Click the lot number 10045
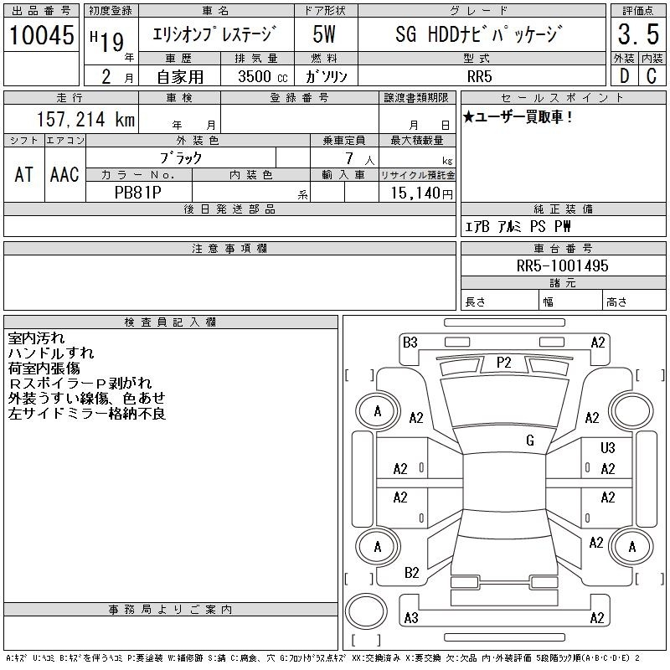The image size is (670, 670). (x=41, y=35)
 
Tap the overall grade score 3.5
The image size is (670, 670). (x=638, y=34)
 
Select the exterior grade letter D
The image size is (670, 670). (x=624, y=76)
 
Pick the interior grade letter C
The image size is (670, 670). (x=652, y=76)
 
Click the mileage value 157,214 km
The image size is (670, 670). (x=85, y=119)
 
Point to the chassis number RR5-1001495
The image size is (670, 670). (x=562, y=265)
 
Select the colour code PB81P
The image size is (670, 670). (x=138, y=193)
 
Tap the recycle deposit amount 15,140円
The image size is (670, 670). (x=421, y=193)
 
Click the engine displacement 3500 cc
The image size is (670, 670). (x=263, y=76)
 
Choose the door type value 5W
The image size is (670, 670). (x=324, y=34)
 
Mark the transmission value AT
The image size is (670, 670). (x=24, y=174)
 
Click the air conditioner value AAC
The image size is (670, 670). (x=64, y=174)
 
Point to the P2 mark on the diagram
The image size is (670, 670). (x=504, y=363)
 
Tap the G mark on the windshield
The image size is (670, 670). (x=530, y=441)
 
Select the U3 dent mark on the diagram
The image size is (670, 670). (x=608, y=447)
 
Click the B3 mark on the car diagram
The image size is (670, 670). (x=410, y=343)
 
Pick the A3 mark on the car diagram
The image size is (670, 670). (x=411, y=618)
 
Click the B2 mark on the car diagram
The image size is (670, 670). (x=411, y=573)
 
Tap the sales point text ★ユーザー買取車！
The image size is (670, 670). (x=518, y=116)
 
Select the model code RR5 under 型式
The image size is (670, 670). (x=479, y=76)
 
